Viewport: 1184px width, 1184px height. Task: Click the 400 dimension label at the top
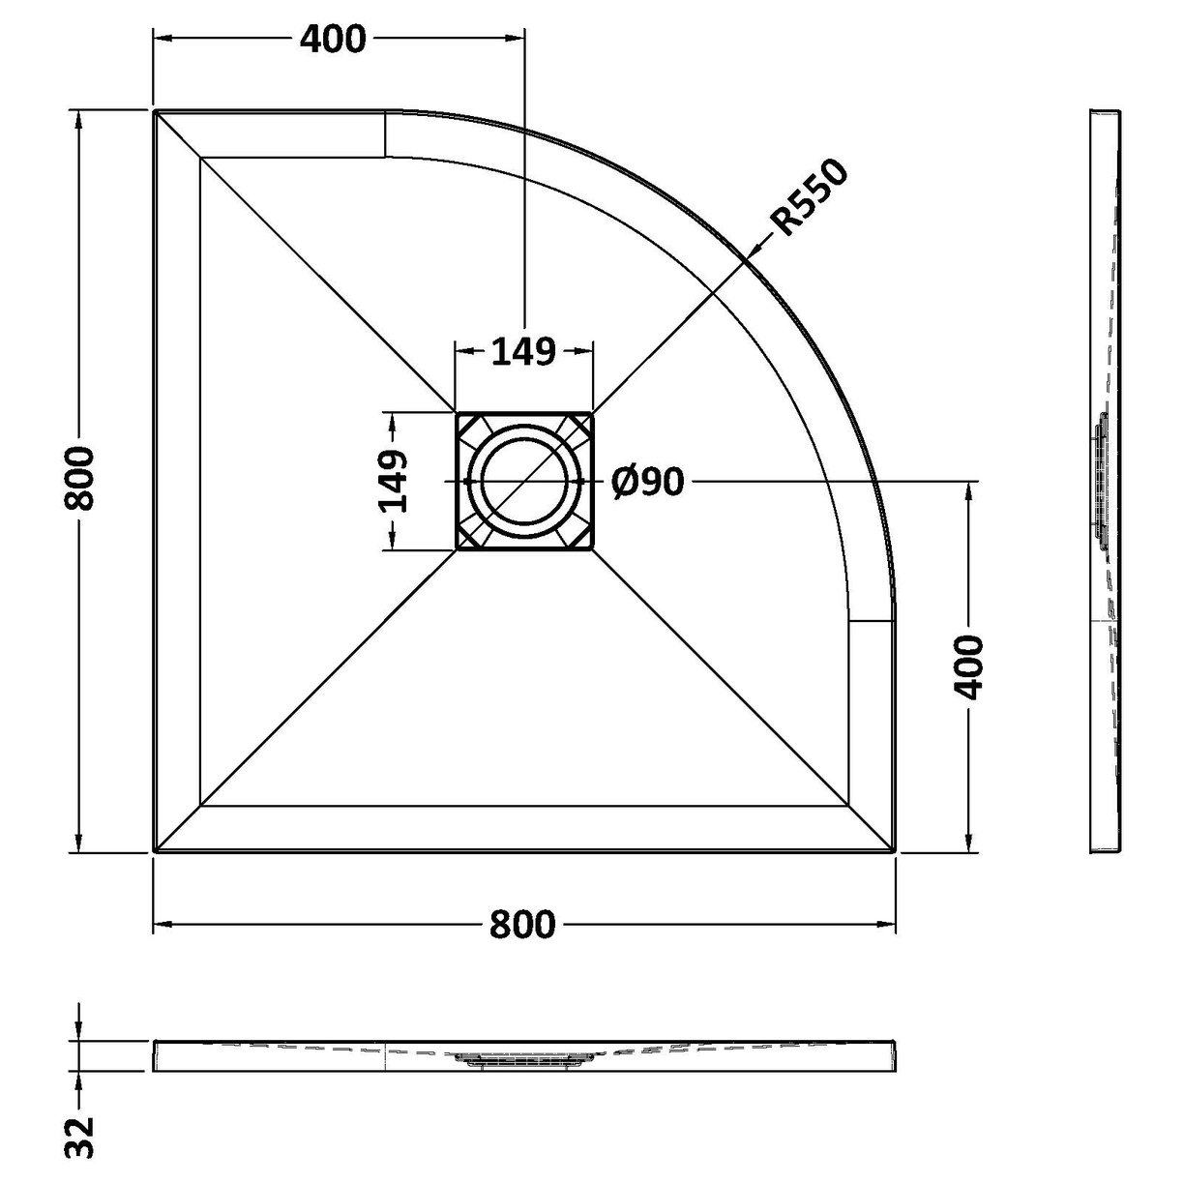(333, 39)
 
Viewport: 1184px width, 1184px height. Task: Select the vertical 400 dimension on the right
(967, 667)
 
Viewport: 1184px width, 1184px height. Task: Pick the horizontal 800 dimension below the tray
(522, 925)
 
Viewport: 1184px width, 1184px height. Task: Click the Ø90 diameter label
(648, 481)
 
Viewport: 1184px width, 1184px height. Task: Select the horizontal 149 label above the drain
(523, 351)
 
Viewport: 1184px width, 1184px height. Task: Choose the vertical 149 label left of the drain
(392, 481)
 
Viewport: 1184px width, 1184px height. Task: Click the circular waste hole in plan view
(523, 481)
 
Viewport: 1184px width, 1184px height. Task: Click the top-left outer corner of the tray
(155, 112)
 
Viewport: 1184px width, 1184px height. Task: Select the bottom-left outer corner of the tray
(155, 852)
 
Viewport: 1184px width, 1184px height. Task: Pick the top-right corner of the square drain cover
(592, 413)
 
